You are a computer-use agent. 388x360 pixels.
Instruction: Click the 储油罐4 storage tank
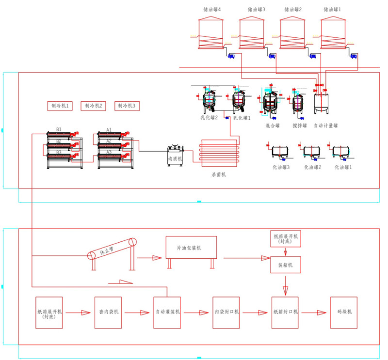click(212, 33)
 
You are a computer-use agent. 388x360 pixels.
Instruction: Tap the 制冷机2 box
click(93, 106)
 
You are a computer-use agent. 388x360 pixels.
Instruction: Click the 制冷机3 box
click(127, 106)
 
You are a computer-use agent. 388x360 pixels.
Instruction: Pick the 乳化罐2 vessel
click(209, 101)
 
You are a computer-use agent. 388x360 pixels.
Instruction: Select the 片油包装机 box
click(191, 248)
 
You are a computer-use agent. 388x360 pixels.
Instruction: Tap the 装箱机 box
click(285, 265)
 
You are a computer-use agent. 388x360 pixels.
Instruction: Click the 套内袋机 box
click(108, 312)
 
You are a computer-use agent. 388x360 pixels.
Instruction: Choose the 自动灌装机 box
click(167, 312)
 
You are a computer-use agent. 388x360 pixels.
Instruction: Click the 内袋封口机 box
click(226, 312)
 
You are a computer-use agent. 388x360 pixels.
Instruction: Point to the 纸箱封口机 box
click(285, 312)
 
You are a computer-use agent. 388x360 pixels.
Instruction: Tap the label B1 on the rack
click(59, 129)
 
